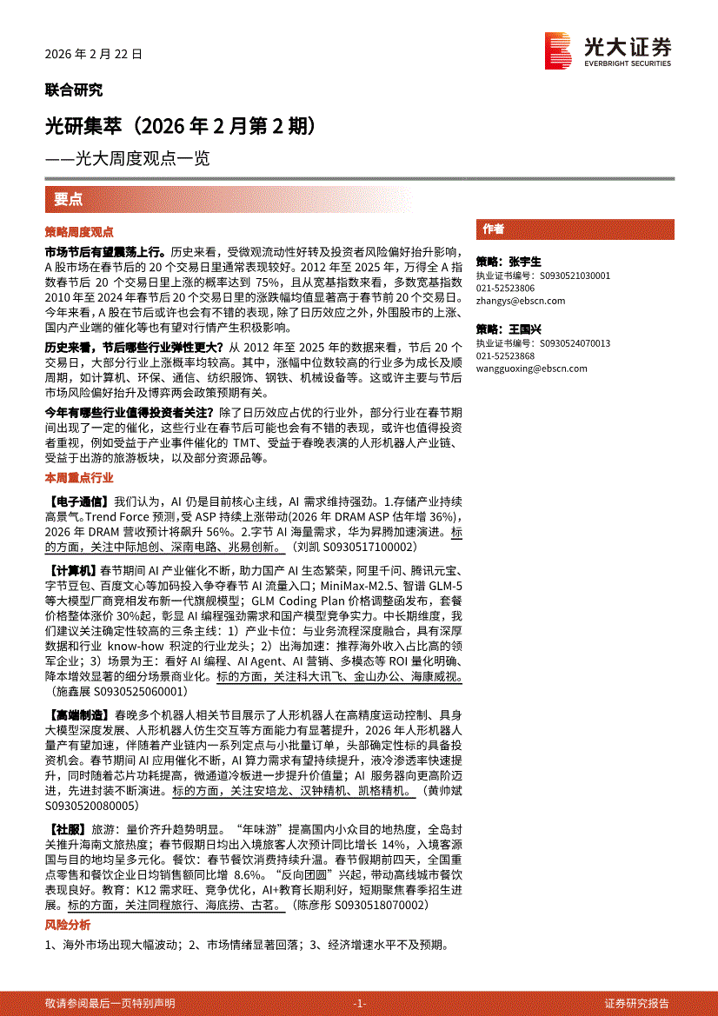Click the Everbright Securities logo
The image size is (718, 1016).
coord(608,50)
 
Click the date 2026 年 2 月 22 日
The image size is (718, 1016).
coord(93,54)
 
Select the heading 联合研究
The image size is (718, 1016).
coord(73,90)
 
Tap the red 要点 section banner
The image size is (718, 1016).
coord(69,199)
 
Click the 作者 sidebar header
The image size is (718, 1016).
coord(494,229)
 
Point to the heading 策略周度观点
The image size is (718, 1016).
coord(79,232)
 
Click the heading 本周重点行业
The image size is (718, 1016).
coord(79,478)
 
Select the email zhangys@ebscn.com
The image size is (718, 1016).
coord(520,301)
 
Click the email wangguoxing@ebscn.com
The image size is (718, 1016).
coord(531,368)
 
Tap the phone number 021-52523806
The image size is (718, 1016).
coord(505,288)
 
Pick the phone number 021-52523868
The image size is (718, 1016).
coord(505,355)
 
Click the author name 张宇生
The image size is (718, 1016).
coord(525,262)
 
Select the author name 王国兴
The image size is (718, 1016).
coord(525,329)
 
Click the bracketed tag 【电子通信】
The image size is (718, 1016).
coord(77,501)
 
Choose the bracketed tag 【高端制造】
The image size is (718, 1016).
coord(77,713)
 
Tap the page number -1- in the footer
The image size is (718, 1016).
coord(360,1003)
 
